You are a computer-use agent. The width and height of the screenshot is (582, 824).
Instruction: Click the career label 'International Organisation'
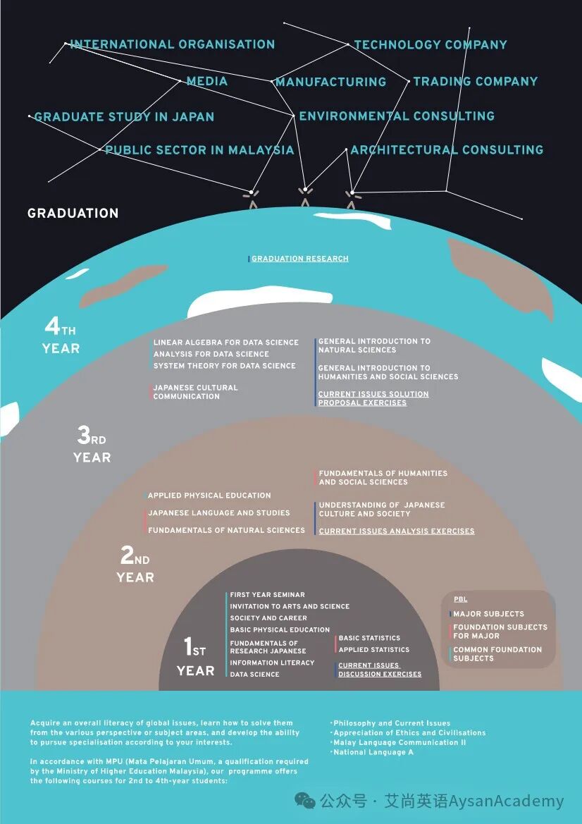[173, 44]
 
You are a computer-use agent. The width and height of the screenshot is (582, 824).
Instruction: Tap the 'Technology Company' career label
[431, 44]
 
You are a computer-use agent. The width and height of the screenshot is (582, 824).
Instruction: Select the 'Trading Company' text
[476, 82]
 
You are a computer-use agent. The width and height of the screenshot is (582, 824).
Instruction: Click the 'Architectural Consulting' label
[447, 149]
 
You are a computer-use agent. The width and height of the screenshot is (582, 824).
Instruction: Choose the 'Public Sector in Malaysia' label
[199, 149]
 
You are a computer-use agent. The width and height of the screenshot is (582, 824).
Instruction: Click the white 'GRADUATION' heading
[73, 213]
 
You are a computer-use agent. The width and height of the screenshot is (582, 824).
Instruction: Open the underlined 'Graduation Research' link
[300, 259]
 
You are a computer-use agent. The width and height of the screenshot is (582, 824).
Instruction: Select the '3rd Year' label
[92, 445]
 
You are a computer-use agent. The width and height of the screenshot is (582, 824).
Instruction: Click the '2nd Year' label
[135, 565]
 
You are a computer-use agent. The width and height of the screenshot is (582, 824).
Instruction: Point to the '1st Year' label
[195, 657]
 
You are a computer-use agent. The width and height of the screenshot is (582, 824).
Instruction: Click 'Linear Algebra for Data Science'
[226, 342]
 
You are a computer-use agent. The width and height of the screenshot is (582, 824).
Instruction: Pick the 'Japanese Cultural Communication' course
[195, 391]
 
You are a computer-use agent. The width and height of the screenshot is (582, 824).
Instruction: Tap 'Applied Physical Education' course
[209, 495]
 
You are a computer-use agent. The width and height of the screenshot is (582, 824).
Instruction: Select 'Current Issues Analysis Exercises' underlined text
[397, 531]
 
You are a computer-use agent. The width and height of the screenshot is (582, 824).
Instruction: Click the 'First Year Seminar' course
[267, 594]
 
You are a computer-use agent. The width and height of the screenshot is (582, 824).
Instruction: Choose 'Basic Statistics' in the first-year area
[369, 637]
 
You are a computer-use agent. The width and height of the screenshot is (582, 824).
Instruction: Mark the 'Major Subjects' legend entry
[488, 613]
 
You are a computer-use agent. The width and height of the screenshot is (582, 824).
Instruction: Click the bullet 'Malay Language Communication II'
[400, 742]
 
